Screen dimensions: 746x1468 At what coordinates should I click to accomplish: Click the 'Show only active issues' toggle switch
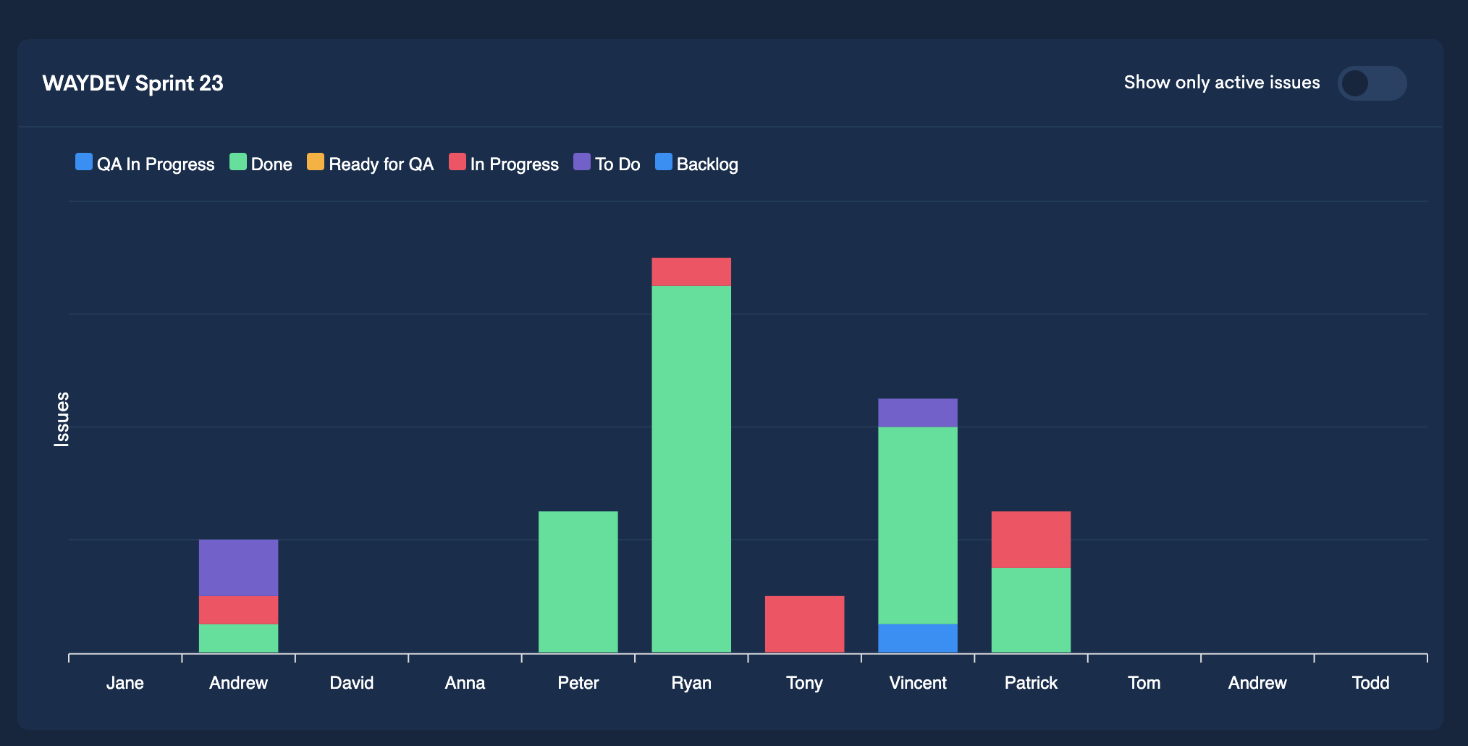click(1371, 83)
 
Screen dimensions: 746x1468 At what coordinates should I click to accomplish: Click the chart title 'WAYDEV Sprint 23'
click(132, 83)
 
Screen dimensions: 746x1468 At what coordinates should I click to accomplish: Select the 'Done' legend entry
click(261, 164)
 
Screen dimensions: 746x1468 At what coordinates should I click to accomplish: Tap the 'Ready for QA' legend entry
click(370, 164)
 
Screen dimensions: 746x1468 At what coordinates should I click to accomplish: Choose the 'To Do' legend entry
click(607, 164)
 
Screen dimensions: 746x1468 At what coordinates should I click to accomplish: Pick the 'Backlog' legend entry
click(696, 164)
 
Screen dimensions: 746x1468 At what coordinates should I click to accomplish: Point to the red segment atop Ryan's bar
click(691, 272)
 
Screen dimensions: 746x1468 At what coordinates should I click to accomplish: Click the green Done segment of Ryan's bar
click(691, 469)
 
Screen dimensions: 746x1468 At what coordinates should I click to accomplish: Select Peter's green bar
click(578, 582)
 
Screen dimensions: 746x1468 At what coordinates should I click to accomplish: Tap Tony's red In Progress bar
click(804, 624)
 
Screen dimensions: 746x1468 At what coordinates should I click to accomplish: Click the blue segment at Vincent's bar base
click(917, 638)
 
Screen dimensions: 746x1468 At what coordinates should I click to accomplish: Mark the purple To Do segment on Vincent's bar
click(917, 412)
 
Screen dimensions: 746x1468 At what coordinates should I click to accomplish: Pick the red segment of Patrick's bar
click(1031, 539)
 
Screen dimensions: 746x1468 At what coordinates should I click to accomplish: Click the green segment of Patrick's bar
click(1031, 610)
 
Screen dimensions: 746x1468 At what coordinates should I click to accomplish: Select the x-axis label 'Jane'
click(125, 683)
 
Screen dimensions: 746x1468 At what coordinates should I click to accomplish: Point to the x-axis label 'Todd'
click(1370, 683)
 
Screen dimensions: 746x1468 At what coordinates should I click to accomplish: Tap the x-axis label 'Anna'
click(465, 683)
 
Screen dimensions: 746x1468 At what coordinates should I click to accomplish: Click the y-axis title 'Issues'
click(62, 419)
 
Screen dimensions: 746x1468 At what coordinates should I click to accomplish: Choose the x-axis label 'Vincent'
click(917, 683)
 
